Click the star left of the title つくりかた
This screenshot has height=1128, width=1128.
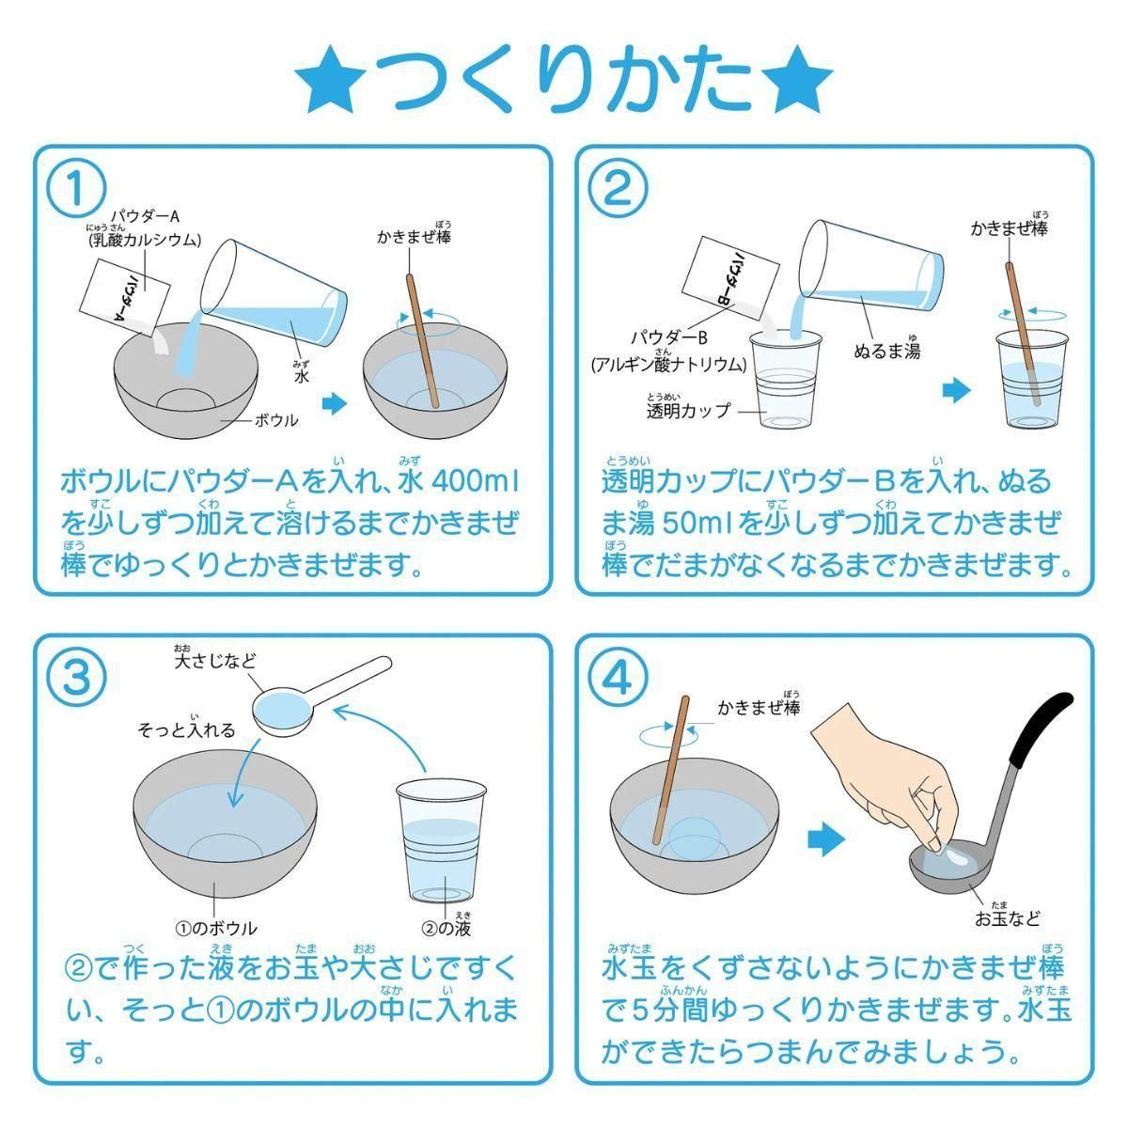[330, 79]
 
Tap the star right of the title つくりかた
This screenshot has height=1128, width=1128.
[797, 79]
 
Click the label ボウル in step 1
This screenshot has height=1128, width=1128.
[276, 420]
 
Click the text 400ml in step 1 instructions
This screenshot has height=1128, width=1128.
[475, 481]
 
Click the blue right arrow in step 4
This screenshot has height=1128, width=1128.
[826, 839]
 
